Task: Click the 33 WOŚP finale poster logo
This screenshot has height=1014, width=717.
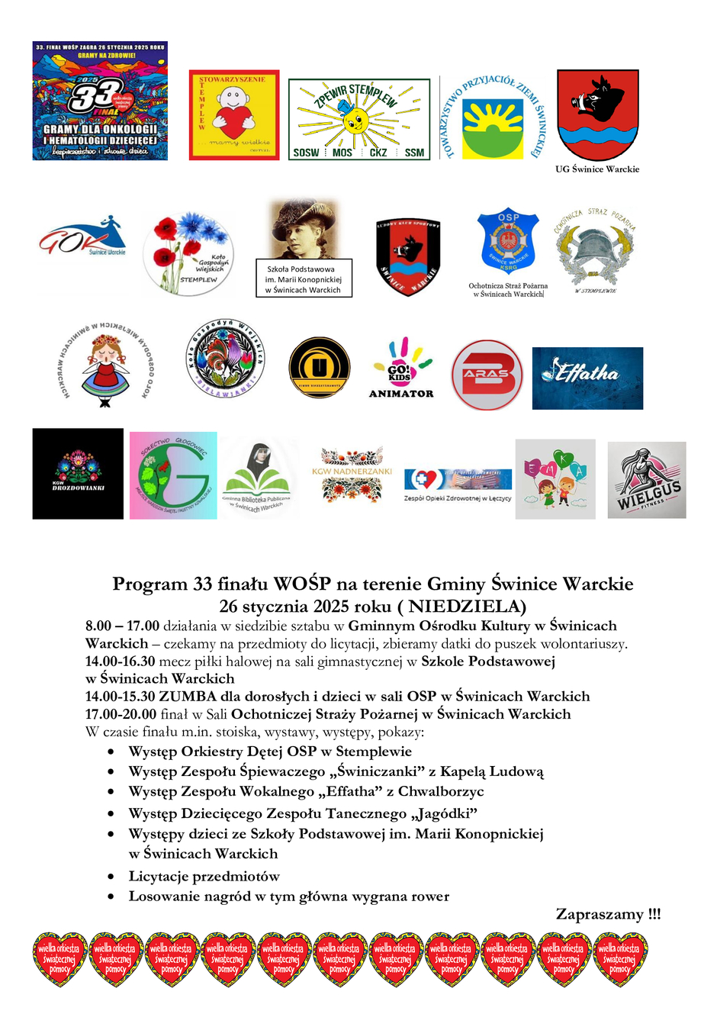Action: [x=100, y=101]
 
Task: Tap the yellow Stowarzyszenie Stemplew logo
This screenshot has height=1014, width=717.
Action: [x=234, y=115]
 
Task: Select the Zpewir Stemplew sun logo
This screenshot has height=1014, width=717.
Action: [x=358, y=119]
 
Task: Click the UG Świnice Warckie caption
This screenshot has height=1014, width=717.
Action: [x=597, y=169]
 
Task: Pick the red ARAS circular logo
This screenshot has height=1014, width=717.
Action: [x=487, y=375]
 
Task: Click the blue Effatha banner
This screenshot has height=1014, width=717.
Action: [x=587, y=378]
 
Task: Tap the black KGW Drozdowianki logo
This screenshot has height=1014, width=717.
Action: [x=78, y=474]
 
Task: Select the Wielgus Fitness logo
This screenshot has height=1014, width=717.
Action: [x=647, y=480]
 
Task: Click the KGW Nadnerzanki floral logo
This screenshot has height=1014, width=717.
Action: [x=352, y=474]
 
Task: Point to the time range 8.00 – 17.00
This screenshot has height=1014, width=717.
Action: [x=122, y=626]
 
